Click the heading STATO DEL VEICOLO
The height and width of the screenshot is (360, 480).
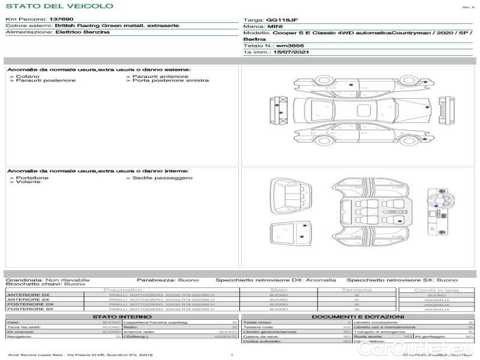[x=59, y=6]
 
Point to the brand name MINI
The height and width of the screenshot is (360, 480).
[x=275, y=27]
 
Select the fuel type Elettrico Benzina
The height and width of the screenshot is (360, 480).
[x=82, y=32]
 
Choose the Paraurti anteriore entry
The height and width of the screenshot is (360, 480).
[x=160, y=76]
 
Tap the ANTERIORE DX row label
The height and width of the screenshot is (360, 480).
[x=28, y=295]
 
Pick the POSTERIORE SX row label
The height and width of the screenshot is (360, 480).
[x=29, y=309]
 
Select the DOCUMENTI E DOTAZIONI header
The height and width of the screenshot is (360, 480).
[x=358, y=316]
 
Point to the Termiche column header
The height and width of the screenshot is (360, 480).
[x=356, y=290]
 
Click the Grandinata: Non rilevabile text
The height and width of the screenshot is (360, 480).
[x=47, y=280]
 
